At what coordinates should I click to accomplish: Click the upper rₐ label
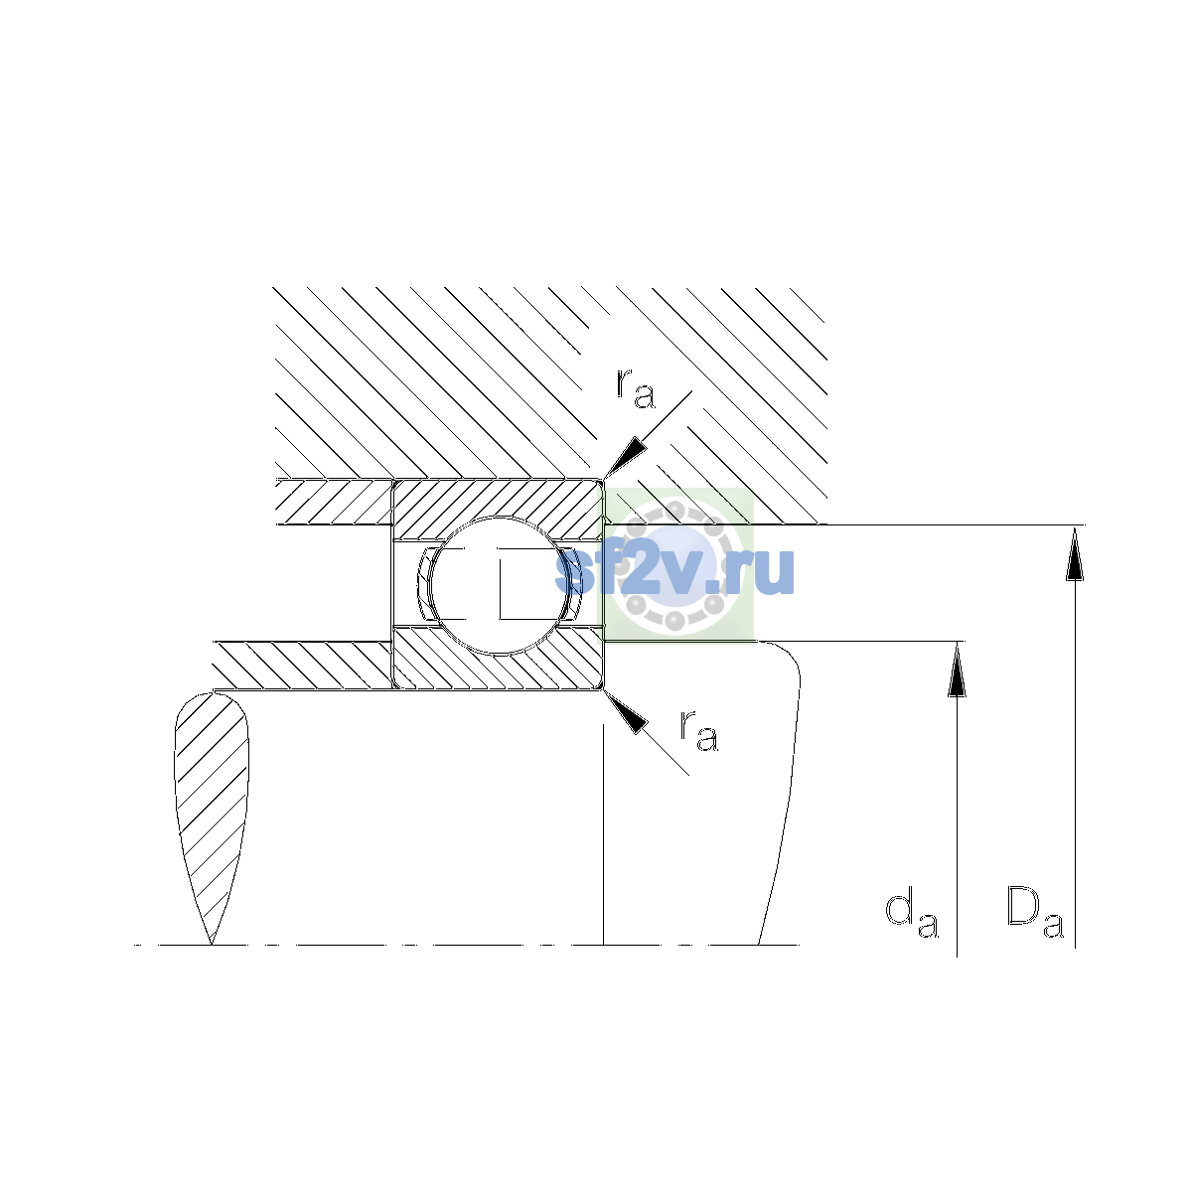(636, 389)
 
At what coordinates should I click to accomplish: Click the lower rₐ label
(699, 732)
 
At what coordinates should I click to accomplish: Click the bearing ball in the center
(499, 585)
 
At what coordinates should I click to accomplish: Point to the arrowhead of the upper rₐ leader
(624, 457)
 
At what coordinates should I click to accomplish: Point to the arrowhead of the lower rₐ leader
(625, 712)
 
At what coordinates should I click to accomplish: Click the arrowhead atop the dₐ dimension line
(957, 669)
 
